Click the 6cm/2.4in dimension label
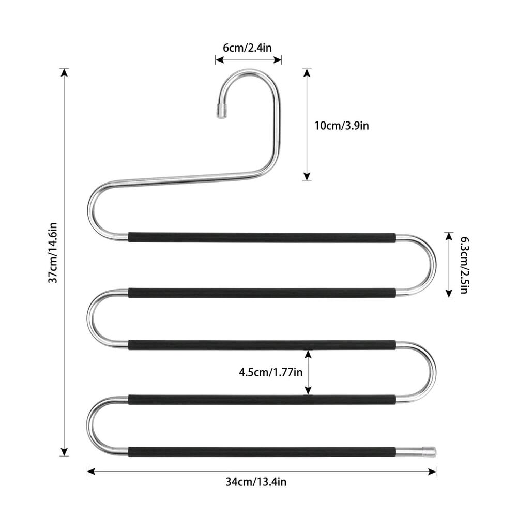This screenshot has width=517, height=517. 247,48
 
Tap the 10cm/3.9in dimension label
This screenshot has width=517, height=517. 342,125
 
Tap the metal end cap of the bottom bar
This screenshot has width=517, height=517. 429,451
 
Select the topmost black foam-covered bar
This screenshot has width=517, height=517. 262,237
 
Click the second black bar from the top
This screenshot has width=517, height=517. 262,293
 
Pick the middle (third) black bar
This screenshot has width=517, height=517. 262,344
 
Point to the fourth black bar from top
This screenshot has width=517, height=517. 262,399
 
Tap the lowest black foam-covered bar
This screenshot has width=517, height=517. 262,451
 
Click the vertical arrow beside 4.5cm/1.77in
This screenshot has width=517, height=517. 308,372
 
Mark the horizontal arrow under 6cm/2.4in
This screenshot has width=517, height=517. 248,60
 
